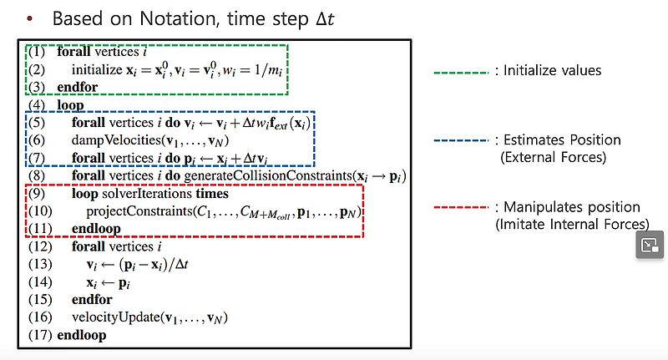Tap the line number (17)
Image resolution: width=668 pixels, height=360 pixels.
tap(38, 335)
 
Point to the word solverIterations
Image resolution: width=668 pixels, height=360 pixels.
tap(136, 194)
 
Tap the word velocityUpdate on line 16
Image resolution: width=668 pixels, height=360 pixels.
tap(109, 317)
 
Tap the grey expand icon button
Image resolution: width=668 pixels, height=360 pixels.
tap(649, 245)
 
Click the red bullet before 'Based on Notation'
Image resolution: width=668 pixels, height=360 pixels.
tap(30, 18)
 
